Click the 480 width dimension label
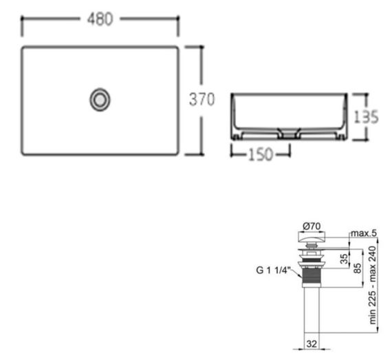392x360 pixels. click(100, 19)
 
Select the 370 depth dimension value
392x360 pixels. click(202, 99)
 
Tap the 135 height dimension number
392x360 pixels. click(367, 116)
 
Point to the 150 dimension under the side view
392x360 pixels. click(260, 154)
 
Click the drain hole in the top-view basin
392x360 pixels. click(100, 100)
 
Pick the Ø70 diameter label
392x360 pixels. click(312, 226)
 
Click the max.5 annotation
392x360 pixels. click(364, 233)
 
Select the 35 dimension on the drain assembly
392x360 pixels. click(345, 259)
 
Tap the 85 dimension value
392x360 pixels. click(358, 268)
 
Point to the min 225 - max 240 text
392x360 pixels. click(372, 285)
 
